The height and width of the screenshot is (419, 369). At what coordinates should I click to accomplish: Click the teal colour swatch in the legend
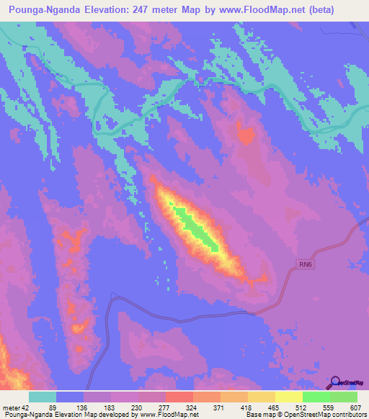[43, 397]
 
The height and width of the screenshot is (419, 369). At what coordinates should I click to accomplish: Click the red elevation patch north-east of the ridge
[246, 134]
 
